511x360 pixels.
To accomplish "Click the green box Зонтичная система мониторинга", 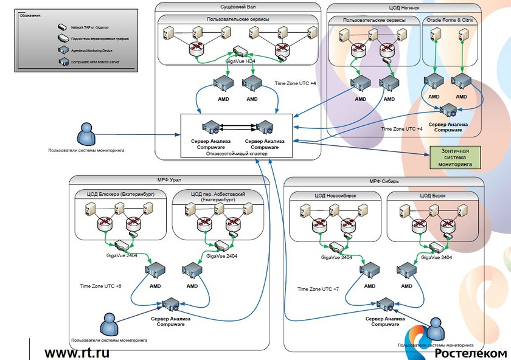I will [x=454, y=156].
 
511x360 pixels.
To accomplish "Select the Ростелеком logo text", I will [x=470, y=353].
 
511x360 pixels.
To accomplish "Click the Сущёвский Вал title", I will [x=237, y=7].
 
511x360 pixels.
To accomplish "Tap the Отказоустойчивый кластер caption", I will [x=237, y=153].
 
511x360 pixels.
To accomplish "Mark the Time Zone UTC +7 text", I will [x=318, y=289].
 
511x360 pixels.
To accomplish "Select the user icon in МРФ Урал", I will [x=109, y=324].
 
